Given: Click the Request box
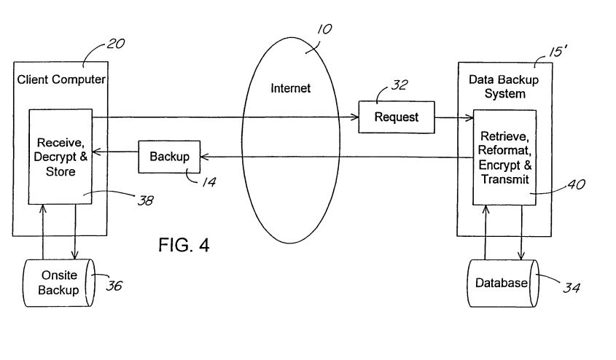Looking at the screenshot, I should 396,117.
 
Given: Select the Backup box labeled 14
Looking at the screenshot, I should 169,156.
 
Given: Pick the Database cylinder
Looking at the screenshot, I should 501,283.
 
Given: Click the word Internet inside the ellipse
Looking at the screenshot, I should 291,88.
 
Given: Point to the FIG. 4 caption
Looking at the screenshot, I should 184,244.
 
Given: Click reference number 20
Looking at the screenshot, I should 115,44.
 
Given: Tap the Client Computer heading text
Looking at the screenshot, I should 61,79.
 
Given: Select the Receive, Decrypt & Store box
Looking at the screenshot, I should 61,156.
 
